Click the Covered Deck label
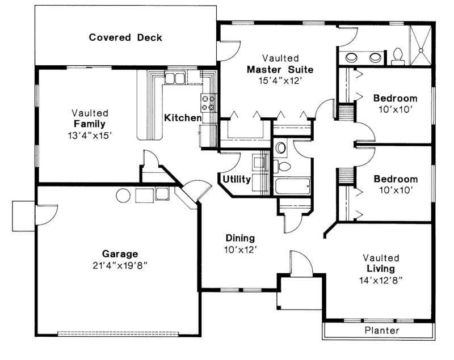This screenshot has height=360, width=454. click(125, 38)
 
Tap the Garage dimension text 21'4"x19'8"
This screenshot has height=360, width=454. click(120, 265)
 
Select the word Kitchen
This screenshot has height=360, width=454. click(183, 118)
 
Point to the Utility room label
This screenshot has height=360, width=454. click(237, 179)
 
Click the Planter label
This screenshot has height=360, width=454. click(381, 330)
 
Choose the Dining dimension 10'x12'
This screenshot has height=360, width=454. click(240, 248)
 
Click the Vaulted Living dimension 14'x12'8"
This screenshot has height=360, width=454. click(381, 279)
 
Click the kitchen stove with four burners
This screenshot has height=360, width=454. click(208, 102)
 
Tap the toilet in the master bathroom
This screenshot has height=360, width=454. click(398, 55)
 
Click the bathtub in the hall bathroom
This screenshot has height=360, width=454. click(292, 187)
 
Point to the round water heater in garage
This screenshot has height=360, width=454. click(124, 196)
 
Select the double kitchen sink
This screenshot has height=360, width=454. click(175, 78)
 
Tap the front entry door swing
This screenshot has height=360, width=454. click(300, 264)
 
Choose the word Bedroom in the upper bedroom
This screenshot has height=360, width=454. click(395, 98)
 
